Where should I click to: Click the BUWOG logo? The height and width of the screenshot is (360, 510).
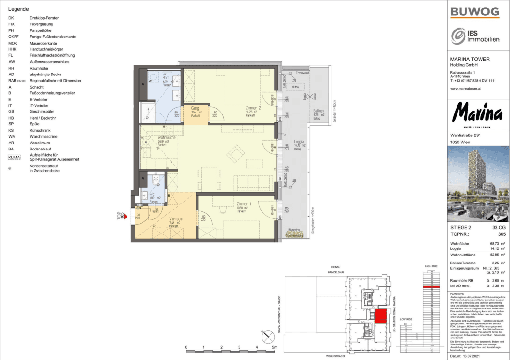[x=474, y=12]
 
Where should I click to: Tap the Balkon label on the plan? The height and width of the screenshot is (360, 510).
[x=318, y=112]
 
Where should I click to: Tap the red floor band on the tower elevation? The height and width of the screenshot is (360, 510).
[x=431, y=286]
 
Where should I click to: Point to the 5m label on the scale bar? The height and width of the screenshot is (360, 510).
[x=275, y=348]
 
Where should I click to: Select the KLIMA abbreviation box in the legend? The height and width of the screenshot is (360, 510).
[x=15, y=157]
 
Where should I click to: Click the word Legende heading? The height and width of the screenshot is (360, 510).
[x=19, y=9]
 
